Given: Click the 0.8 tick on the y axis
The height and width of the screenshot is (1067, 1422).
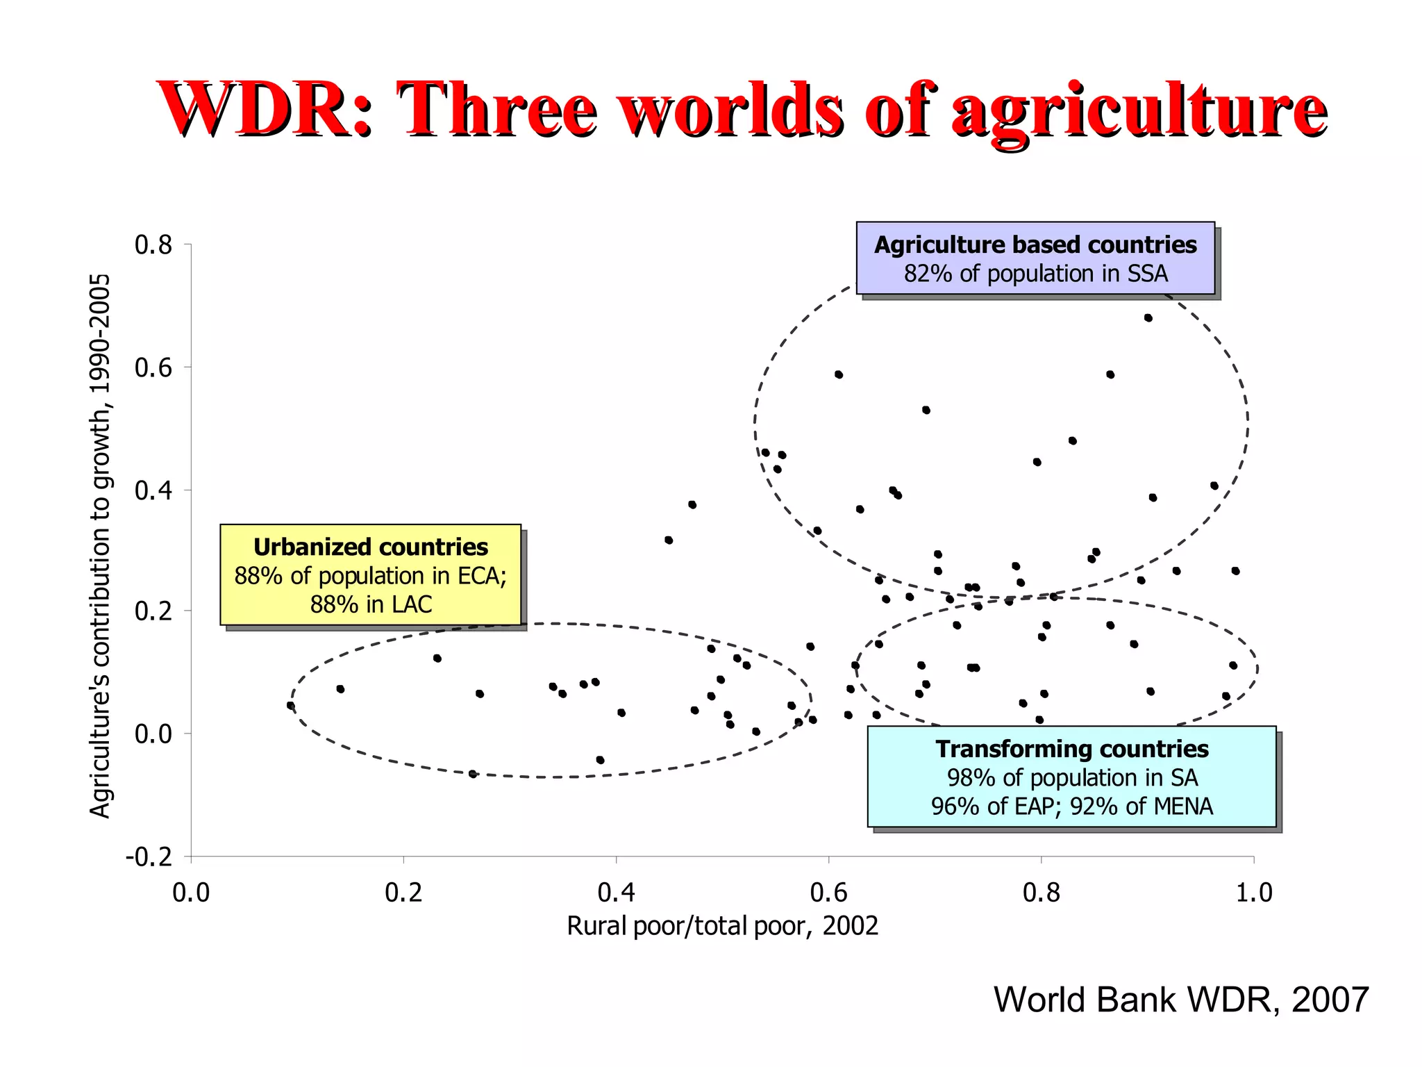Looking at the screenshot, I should [153, 245].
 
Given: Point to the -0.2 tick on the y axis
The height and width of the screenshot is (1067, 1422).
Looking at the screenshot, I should [149, 857].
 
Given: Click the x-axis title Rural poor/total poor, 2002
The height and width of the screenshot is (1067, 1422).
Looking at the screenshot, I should [722, 926].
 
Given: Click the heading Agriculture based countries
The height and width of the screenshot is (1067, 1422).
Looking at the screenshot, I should [1035, 245].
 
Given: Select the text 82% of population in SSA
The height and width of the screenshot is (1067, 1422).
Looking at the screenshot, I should [1035, 274].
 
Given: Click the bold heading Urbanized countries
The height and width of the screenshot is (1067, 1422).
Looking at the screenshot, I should [371, 547].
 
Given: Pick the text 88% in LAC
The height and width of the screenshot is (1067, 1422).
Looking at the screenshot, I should [371, 604].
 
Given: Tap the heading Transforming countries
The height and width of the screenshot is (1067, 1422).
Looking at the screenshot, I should [1071, 749].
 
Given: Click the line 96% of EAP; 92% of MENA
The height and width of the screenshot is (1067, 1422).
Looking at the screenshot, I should [1071, 806].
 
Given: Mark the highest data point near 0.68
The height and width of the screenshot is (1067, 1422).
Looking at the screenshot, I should [1148, 318].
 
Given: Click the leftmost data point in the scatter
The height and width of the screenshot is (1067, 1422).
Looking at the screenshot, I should [291, 706].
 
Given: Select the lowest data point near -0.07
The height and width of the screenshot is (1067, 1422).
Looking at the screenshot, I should [473, 774].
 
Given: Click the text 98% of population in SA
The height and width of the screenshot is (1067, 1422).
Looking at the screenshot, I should [1071, 778].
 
